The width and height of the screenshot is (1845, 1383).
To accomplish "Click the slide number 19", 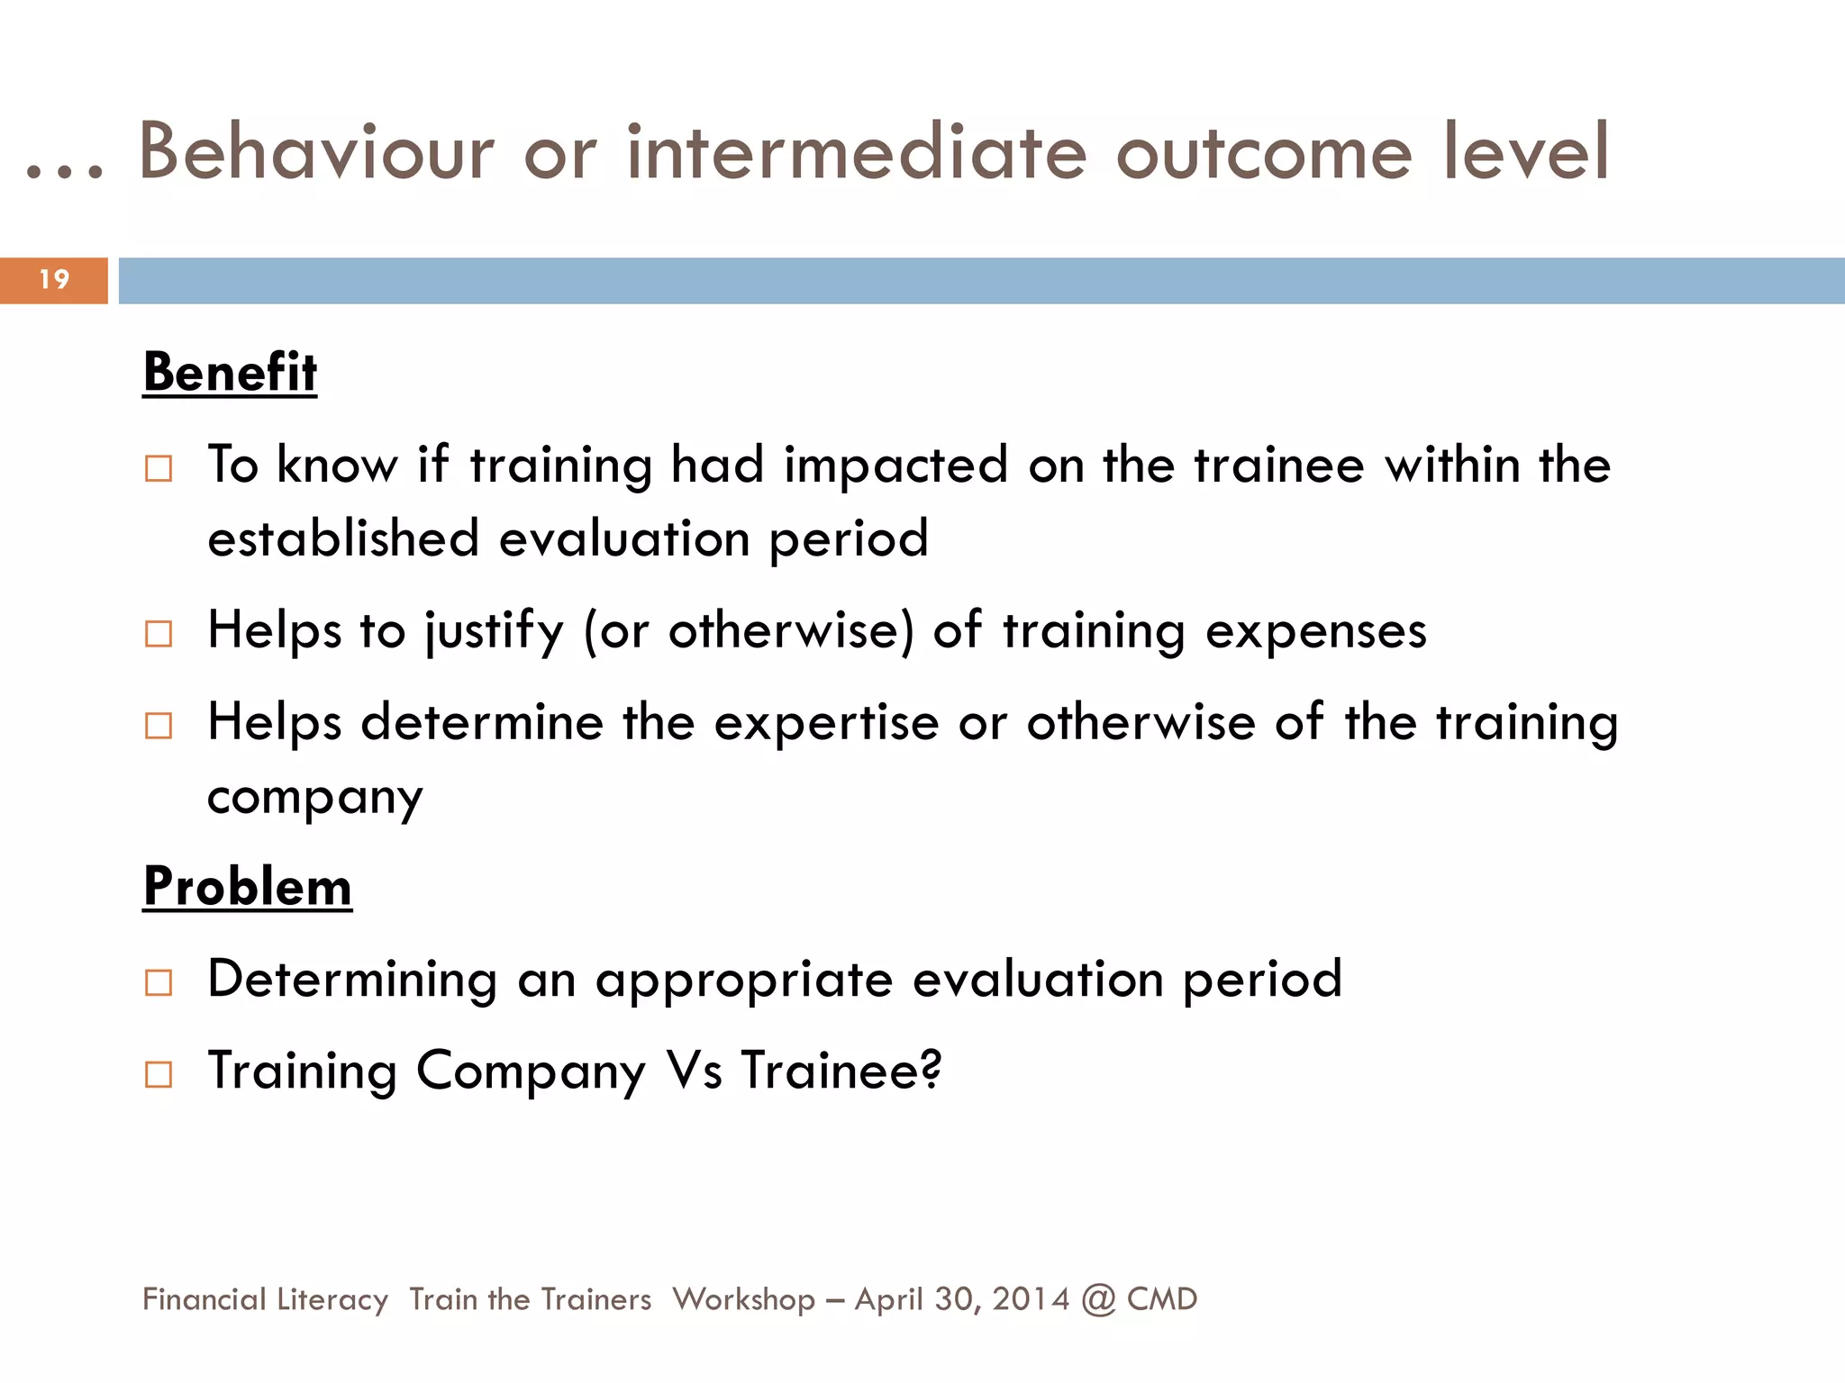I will point(54,280).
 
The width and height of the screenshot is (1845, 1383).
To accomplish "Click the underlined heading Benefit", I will point(231,372).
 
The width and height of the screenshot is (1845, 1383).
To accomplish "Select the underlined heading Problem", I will point(248,887).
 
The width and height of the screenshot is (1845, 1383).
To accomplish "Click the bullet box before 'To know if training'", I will point(159,469).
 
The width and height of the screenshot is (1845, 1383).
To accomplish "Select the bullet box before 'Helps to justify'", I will point(159,634).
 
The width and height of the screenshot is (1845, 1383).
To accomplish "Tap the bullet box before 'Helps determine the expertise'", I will point(159,726).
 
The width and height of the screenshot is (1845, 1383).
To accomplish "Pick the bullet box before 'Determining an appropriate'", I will point(159,982).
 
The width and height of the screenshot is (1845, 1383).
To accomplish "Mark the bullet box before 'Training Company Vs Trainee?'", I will point(159,1074).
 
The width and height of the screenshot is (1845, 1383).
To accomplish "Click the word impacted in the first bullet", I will point(895,466).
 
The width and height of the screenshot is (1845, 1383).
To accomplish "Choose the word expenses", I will point(1316,631).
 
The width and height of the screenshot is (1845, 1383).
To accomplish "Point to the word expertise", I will point(826,723).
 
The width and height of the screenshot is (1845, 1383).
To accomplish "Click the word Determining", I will point(352,980).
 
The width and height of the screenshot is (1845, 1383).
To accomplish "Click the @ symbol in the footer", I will point(1098,1299).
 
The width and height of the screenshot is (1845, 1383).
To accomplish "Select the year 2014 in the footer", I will point(1031,1299).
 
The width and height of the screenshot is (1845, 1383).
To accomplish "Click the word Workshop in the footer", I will point(744,1299).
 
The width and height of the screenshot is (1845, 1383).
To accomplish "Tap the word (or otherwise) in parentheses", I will point(749,631).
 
